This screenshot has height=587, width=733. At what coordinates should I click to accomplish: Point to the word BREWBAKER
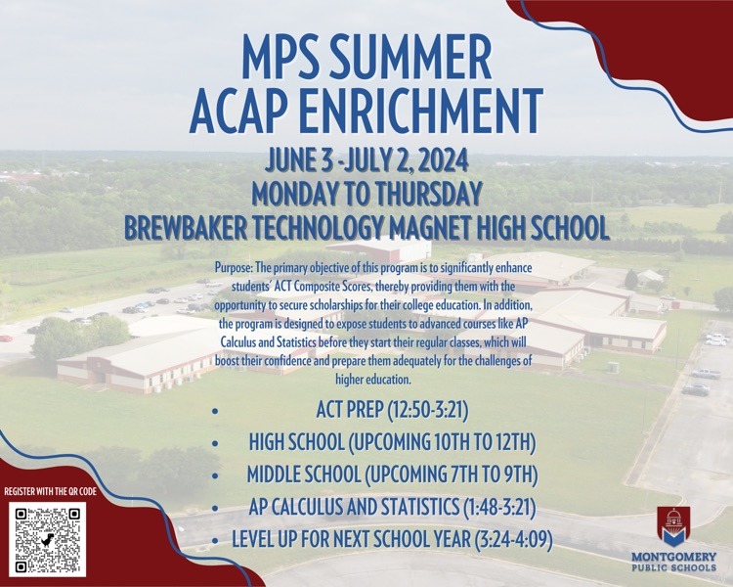click(186, 228)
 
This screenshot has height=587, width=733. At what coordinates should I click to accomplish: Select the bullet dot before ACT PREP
click(215, 412)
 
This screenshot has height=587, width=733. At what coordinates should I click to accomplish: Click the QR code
click(47, 539)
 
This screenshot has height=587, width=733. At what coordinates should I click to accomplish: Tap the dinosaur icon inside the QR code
click(47, 540)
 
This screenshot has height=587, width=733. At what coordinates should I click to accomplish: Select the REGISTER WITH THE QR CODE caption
click(51, 491)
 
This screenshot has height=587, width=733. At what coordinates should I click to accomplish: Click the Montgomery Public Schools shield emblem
click(673, 526)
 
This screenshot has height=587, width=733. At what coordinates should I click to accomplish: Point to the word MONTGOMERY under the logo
click(673, 557)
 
